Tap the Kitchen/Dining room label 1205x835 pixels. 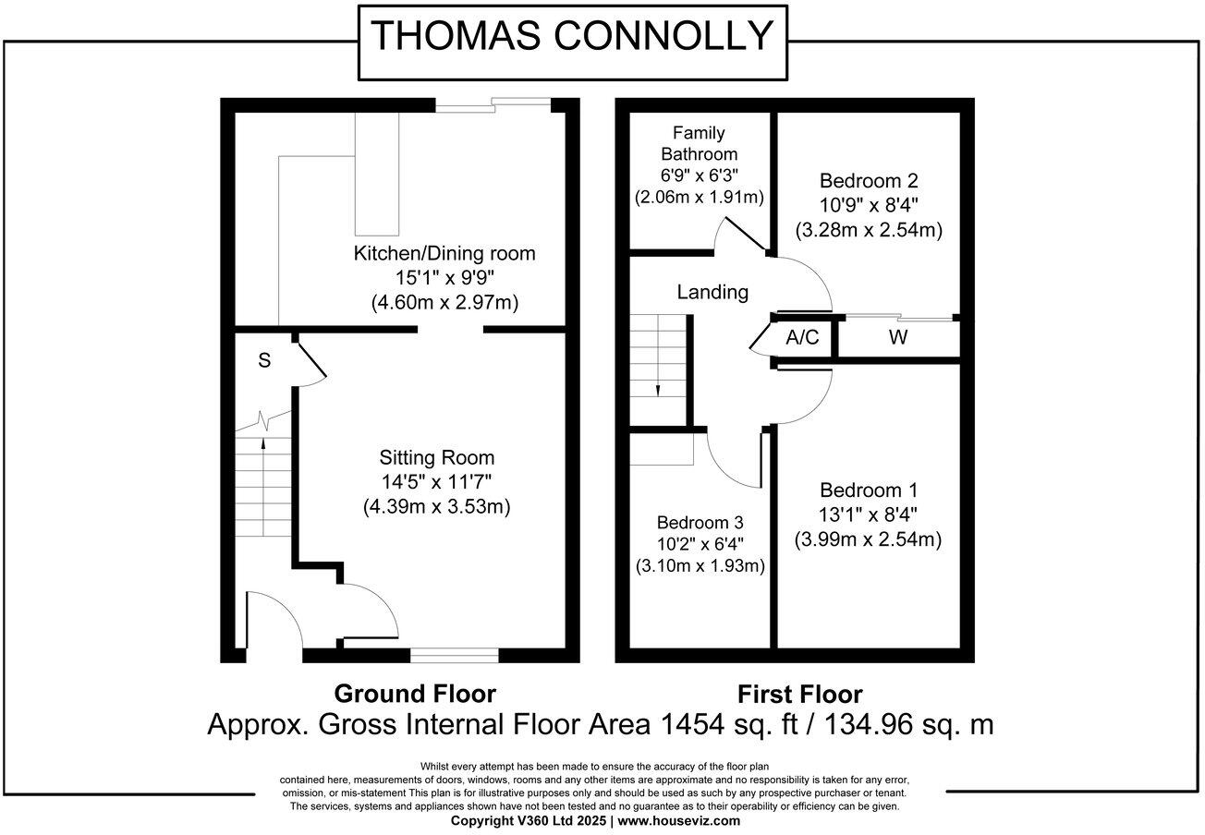tap(444, 252)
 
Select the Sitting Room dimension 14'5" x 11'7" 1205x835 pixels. tap(437, 481)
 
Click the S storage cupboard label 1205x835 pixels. tap(264, 361)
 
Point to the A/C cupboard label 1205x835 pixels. tap(801, 338)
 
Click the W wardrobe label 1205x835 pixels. tap(897, 338)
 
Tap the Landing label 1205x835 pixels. tap(712, 292)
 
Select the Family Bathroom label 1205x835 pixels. tap(699, 143)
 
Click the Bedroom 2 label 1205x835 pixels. tap(869, 180)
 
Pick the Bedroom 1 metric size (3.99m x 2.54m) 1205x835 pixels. tap(868, 539)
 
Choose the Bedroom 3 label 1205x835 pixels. tap(700, 522)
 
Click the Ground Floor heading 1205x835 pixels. tap(415, 694)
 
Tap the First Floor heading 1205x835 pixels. tap(799, 694)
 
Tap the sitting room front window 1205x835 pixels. tap(454, 656)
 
